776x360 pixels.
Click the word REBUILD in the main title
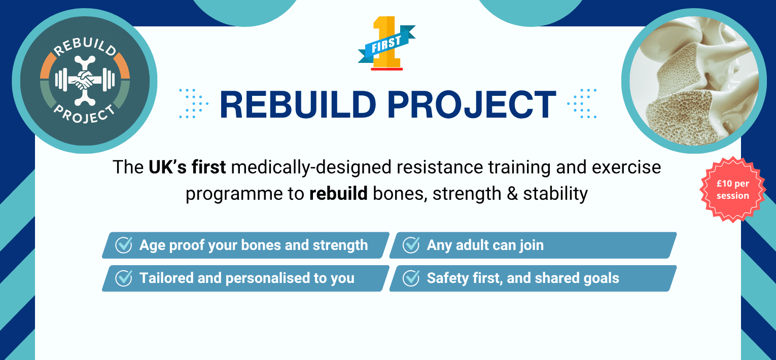point(298,104)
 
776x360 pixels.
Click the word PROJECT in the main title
point(472,104)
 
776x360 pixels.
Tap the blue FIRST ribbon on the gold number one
point(386,44)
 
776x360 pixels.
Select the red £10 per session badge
point(733,189)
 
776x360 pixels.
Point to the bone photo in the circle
point(694,81)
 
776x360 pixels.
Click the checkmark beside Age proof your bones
point(124,245)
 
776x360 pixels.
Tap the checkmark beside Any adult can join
point(411,245)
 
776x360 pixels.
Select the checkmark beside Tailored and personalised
point(124,278)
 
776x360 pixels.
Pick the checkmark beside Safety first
point(411,278)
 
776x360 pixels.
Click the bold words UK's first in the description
point(187,167)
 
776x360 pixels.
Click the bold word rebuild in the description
point(338,193)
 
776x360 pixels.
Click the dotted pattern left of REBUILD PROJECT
point(194,103)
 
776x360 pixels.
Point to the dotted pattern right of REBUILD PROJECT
point(582,103)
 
